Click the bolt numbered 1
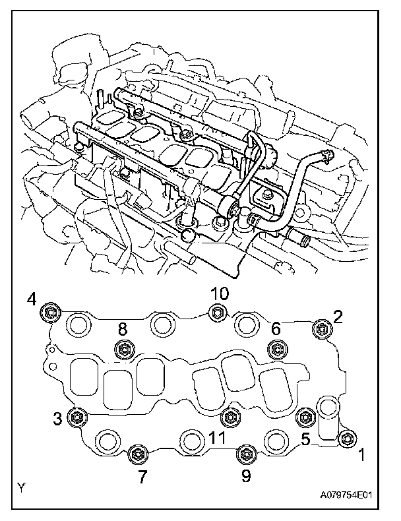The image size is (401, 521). click(347, 438)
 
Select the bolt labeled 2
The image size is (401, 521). click(322, 327)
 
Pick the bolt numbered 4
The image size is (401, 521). click(49, 312)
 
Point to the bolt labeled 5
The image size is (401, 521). click(304, 415)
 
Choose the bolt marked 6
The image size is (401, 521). click(275, 348)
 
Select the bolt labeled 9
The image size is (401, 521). click(245, 453)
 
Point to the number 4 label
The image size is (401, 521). click(31, 300)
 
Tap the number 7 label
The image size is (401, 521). click(142, 477)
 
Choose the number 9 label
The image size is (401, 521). click(246, 476)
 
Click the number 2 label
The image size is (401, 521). click(338, 317)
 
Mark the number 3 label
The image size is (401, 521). click(59, 417)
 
